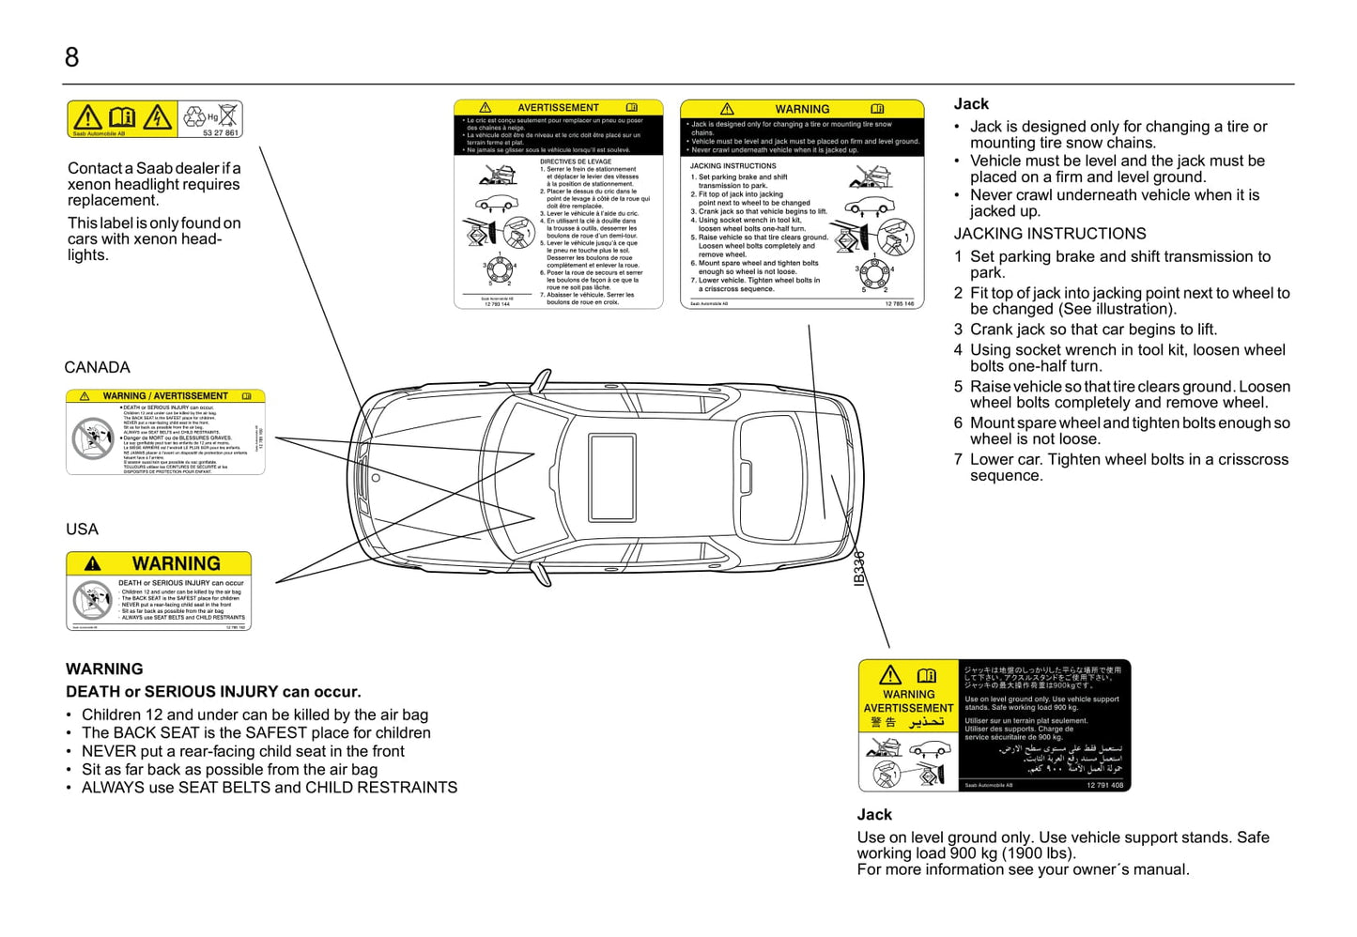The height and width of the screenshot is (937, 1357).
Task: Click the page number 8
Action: (71, 58)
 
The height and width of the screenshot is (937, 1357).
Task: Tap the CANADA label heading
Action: (97, 367)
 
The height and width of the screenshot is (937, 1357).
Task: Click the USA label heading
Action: (82, 530)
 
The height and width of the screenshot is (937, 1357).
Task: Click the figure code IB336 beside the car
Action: (858, 569)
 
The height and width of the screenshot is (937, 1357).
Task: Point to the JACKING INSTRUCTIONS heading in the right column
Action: (1050, 234)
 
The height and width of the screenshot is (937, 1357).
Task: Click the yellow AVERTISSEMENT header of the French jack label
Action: (558, 108)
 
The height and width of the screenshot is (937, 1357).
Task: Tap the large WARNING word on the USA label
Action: (176, 563)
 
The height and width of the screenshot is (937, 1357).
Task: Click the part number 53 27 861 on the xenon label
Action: (221, 133)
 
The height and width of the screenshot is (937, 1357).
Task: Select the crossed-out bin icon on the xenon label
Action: (228, 116)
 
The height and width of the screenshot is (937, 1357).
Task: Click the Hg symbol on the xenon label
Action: (212, 117)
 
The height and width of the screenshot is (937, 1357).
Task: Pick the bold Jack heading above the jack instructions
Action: (971, 104)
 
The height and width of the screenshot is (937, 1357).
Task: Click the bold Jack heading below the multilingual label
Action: (874, 815)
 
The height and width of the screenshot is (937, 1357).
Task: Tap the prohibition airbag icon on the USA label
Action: (92, 599)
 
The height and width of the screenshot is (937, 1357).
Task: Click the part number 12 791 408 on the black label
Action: (1104, 785)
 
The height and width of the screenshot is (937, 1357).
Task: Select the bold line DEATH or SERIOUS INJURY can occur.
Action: (213, 692)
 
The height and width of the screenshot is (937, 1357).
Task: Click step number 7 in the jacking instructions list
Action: (958, 459)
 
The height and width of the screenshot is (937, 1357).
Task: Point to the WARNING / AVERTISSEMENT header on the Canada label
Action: (165, 396)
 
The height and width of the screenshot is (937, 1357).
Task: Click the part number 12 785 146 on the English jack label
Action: (899, 303)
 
